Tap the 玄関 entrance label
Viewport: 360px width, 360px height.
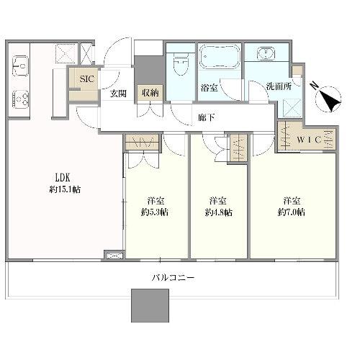[x=118, y=93]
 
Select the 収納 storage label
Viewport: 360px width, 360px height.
[x=150, y=93]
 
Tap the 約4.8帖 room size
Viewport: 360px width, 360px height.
[x=218, y=212]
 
